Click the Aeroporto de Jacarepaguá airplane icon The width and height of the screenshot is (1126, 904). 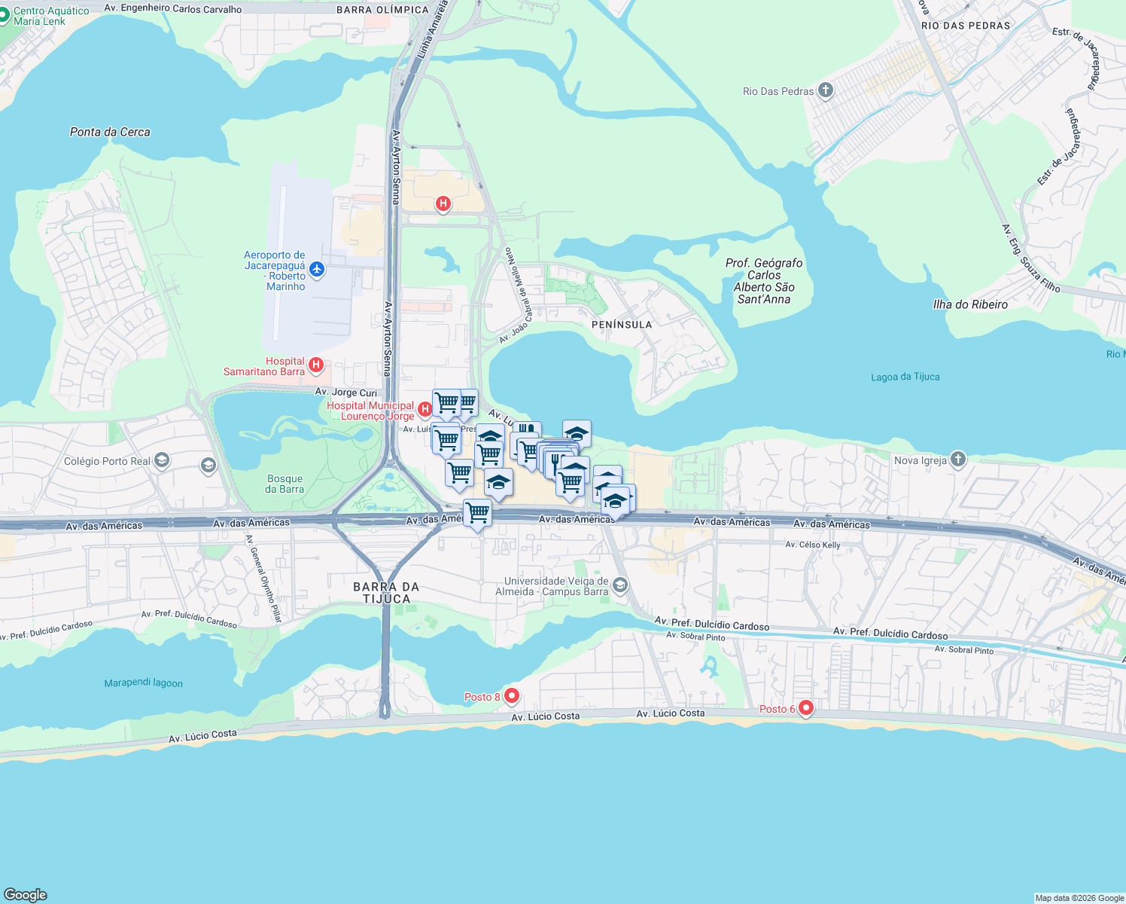[317, 269]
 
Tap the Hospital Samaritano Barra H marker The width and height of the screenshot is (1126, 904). [316, 366]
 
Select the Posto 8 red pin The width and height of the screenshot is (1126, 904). [512, 695]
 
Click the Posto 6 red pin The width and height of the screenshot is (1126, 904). [806, 708]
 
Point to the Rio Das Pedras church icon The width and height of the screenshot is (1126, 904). [826, 91]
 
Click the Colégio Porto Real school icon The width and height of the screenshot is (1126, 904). [161, 460]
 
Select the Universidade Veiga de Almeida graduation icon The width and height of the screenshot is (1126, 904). [620, 585]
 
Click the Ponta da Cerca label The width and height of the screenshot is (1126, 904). [110, 132]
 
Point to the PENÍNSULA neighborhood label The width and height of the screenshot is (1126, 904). [622, 325]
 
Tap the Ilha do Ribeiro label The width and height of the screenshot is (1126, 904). [970, 304]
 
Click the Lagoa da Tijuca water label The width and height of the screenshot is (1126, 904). [905, 377]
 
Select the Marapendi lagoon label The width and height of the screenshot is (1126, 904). [143, 683]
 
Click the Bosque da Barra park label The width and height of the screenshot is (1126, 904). [285, 484]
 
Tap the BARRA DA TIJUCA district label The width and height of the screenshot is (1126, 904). [386, 593]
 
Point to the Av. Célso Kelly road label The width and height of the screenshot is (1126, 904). [812, 545]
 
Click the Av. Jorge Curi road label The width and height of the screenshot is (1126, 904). [345, 392]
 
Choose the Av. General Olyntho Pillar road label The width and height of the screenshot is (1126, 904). [264, 578]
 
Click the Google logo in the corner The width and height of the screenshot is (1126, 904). [26, 894]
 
